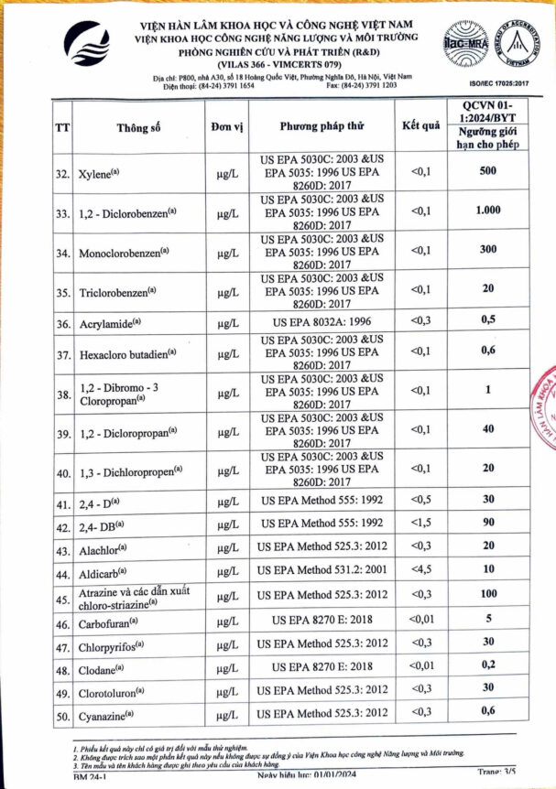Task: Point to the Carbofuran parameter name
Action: (110, 623)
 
